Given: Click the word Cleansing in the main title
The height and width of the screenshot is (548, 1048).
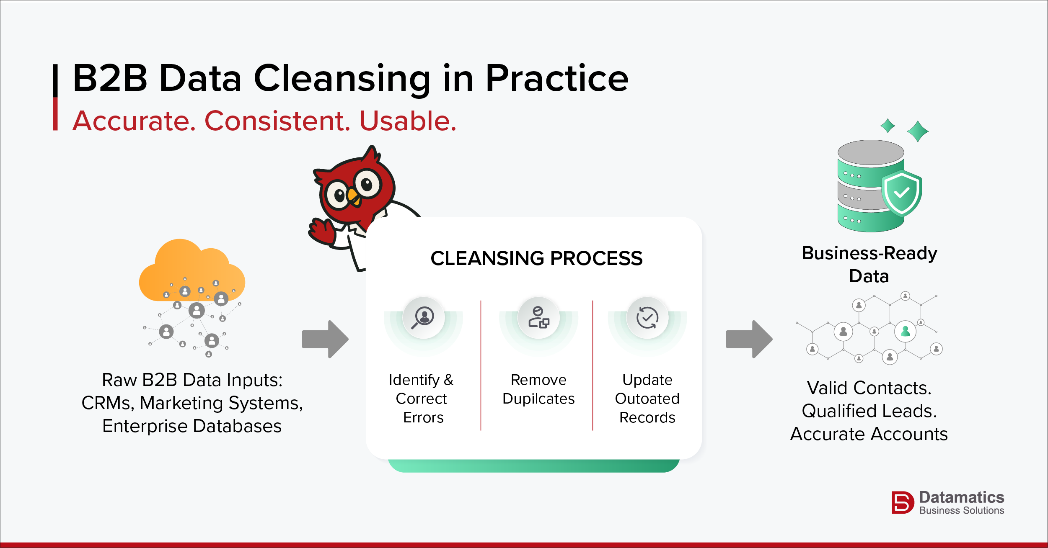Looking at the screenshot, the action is [342, 79].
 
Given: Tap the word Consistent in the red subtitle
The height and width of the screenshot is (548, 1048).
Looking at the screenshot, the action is [277, 121].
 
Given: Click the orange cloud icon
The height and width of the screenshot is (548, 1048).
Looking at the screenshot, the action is [192, 270].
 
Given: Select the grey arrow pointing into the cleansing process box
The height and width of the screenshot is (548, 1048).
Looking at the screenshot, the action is [325, 339].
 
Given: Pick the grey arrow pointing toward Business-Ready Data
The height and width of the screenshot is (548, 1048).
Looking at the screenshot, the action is [749, 339].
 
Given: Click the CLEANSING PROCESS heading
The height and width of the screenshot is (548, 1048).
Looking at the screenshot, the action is [536, 258].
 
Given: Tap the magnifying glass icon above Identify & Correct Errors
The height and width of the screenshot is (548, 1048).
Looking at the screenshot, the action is [423, 318].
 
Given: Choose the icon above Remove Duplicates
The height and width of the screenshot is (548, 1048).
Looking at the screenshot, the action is [539, 318].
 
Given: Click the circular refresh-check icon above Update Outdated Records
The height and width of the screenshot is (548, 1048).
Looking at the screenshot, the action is [647, 318].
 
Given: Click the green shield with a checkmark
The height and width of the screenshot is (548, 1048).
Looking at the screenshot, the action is [902, 193].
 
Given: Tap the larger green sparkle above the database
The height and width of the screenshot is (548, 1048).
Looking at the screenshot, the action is [918, 131].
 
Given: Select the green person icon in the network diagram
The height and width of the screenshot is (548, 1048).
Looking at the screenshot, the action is [905, 332].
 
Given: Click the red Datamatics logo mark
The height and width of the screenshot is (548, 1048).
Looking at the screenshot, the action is [903, 502].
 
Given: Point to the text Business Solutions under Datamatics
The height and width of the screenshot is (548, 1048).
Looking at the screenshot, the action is [962, 511].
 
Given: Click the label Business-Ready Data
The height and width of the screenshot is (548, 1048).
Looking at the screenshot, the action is [869, 265].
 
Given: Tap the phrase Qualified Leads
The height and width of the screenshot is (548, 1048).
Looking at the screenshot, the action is [869, 411].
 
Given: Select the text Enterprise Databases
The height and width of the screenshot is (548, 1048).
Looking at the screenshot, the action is [192, 426].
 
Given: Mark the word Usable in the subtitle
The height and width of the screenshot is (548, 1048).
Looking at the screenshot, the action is [408, 121].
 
